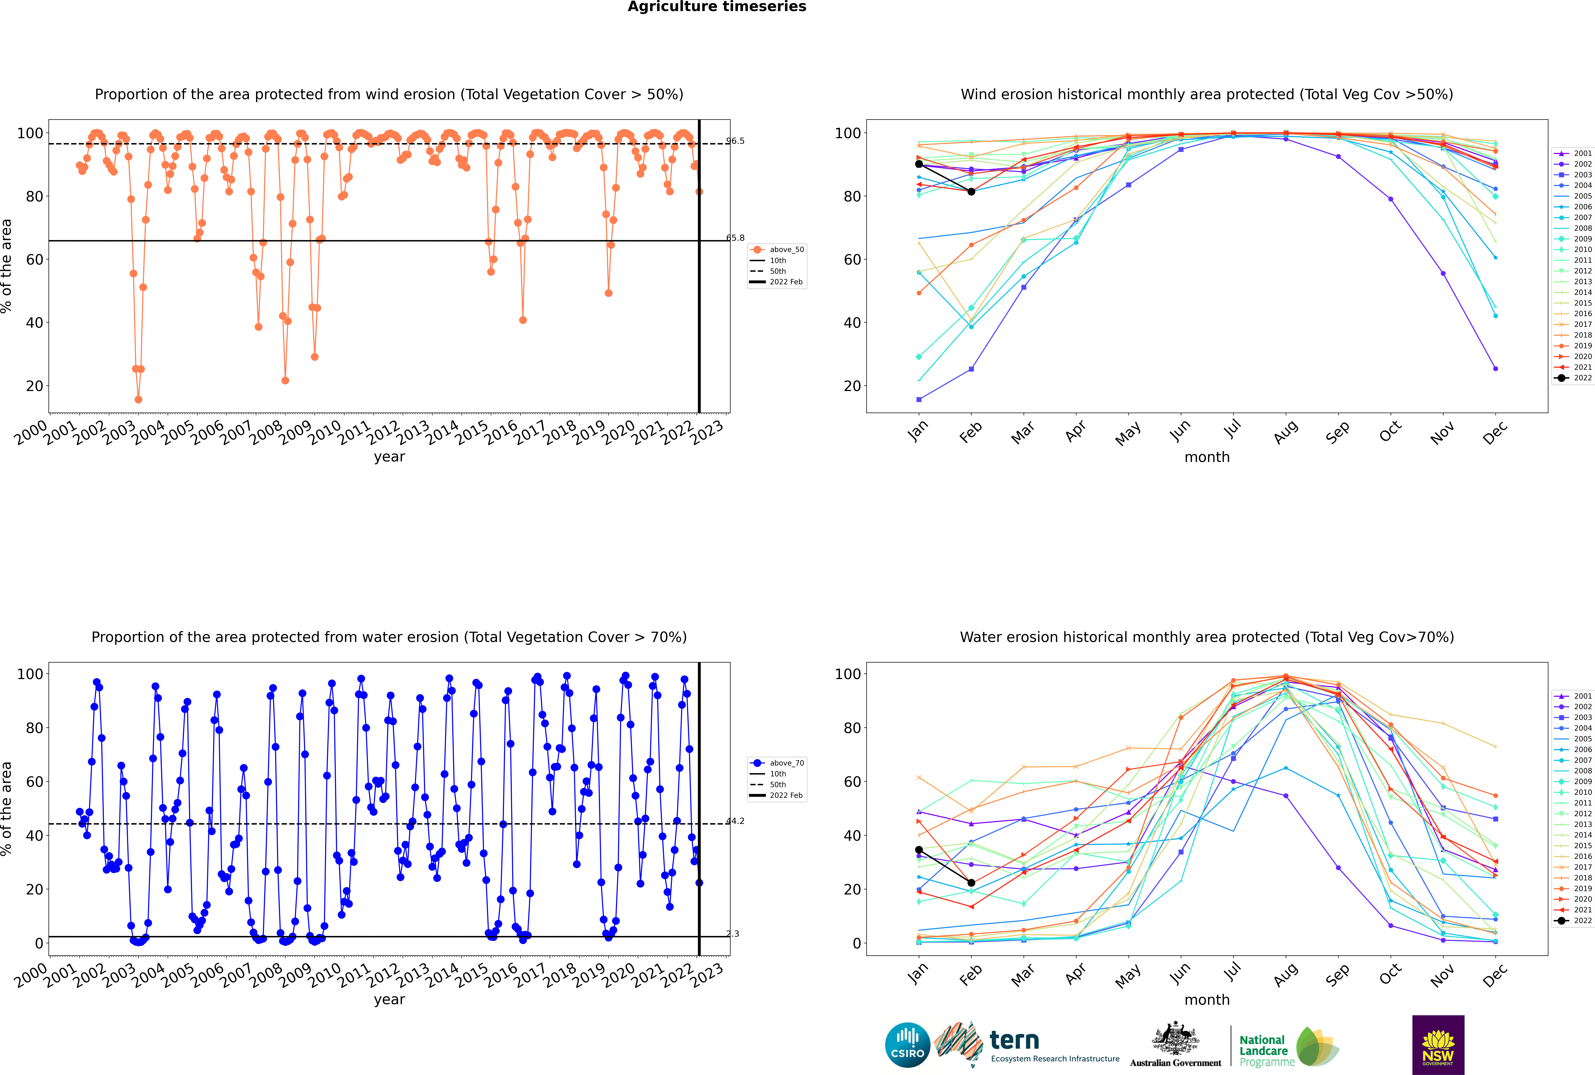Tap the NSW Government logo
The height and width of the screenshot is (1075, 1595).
(1438, 1045)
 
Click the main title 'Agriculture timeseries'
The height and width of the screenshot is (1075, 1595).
(717, 7)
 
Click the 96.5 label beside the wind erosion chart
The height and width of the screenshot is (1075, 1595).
(735, 141)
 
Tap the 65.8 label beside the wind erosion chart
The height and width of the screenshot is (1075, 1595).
(735, 238)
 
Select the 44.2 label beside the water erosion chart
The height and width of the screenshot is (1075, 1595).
(735, 821)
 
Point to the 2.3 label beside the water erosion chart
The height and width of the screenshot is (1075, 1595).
(733, 934)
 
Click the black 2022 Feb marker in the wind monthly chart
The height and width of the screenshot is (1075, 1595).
(971, 192)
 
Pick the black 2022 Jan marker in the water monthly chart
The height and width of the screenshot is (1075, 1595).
(919, 850)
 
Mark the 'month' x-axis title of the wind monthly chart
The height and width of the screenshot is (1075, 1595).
(1207, 457)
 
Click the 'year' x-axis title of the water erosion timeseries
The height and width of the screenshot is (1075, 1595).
(390, 1000)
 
